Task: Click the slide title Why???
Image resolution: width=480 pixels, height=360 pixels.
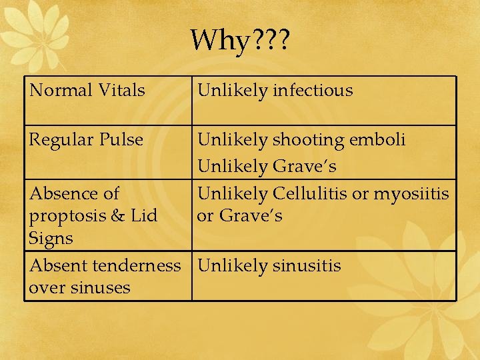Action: tap(239, 41)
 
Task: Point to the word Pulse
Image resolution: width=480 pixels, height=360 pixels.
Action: tap(121, 140)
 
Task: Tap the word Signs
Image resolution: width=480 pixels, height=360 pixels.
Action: tap(51, 238)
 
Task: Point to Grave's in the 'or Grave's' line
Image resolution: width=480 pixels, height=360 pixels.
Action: tap(251, 216)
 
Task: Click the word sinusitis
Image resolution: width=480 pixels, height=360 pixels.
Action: tap(306, 266)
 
